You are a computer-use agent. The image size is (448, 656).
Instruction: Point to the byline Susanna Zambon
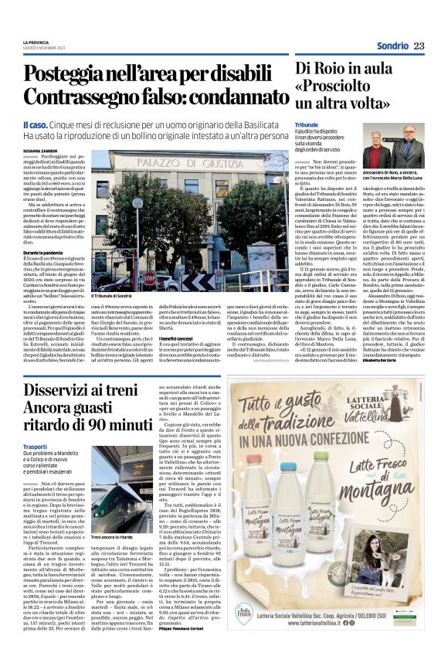click(40, 152)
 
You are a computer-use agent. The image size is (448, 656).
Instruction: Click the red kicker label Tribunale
click(307, 123)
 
